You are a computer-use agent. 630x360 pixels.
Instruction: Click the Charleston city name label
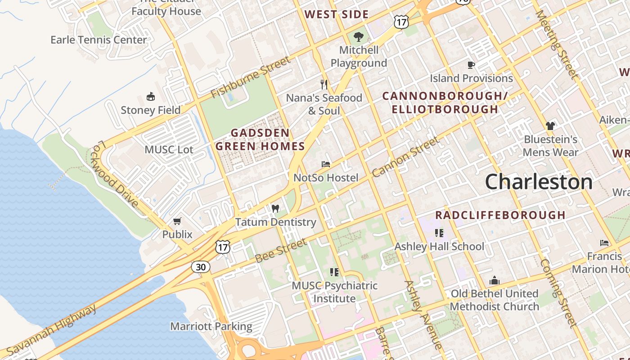point(539,182)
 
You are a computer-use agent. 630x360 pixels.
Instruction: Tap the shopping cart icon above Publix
point(177,221)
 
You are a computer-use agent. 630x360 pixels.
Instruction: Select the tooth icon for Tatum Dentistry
point(275,209)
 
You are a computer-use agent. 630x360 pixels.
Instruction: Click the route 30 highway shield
point(201,267)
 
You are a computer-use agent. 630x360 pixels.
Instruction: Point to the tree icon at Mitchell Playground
point(359,37)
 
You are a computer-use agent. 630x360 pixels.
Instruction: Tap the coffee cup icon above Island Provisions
point(471,65)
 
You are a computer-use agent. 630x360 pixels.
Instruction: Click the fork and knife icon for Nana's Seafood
point(324,84)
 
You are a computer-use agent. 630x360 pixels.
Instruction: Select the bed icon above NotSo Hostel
point(326,164)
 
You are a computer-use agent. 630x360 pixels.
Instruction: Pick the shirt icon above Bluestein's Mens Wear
point(550,126)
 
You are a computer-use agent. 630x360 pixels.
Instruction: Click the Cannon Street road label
point(405,157)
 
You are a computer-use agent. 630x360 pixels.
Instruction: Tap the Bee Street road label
point(281,251)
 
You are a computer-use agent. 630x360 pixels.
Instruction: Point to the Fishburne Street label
point(251,77)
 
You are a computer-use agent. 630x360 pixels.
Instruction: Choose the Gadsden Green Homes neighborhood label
point(260,139)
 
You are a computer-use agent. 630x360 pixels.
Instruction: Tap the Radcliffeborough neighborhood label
point(500,215)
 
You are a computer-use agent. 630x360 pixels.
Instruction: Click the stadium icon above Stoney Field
point(151,97)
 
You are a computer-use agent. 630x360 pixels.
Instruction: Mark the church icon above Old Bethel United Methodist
point(495,281)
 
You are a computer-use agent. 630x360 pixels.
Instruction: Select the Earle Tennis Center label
point(99,40)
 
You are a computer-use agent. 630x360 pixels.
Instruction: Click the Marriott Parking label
point(211,326)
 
